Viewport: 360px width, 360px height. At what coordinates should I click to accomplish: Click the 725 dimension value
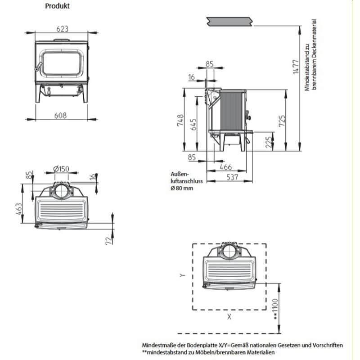tap(282, 120)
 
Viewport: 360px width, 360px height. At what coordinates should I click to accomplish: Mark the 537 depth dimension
tap(232, 177)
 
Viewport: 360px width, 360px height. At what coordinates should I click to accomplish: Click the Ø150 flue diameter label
tap(60, 169)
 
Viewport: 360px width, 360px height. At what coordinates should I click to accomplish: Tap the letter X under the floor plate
tap(229, 317)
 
